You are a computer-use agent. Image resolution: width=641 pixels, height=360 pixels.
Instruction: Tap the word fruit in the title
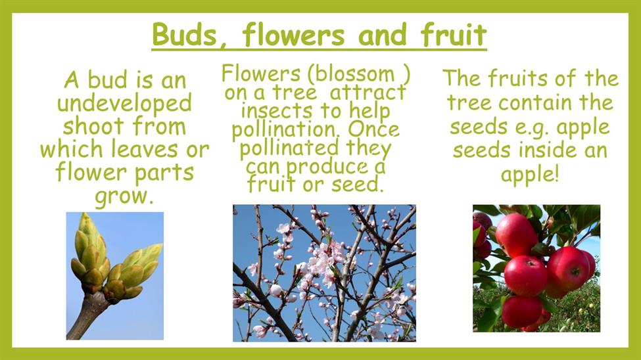click(x=454, y=34)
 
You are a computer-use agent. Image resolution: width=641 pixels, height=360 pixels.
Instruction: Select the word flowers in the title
click(x=293, y=34)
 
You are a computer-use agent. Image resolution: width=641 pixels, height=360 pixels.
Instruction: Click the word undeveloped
click(x=124, y=103)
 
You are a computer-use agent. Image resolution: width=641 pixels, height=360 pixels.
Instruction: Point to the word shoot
click(x=93, y=126)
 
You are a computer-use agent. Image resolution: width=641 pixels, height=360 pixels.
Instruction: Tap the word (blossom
click(x=351, y=74)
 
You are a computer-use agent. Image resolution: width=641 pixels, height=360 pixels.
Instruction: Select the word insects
click(x=277, y=111)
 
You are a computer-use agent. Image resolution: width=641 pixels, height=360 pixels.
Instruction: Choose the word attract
click(x=368, y=93)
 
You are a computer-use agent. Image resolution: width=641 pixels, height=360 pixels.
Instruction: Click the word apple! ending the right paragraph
click(x=529, y=175)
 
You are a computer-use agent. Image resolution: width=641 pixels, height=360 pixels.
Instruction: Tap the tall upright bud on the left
click(x=90, y=246)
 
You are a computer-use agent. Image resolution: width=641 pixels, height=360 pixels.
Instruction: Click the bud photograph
click(x=115, y=276)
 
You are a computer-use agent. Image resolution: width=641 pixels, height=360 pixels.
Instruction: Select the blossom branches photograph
click(x=324, y=273)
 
